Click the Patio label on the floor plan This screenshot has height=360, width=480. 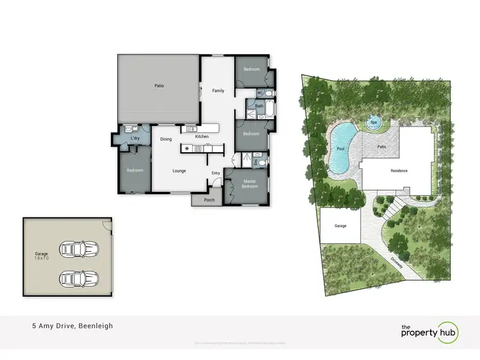pyautogui.click(x=159, y=85)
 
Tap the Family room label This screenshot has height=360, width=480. pyautogui.click(x=218, y=91)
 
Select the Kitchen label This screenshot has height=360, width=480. pyautogui.click(x=202, y=137)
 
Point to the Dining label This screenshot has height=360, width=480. pyautogui.click(x=166, y=139)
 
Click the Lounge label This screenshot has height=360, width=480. pyautogui.click(x=179, y=171)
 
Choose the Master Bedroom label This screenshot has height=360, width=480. pyautogui.click(x=250, y=184)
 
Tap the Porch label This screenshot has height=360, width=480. pyautogui.click(x=209, y=199)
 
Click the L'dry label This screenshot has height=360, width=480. pyautogui.click(x=135, y=139)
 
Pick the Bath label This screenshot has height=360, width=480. pyautogui.click(x=259, y=106)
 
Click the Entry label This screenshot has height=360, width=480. pyautogui.click(x=216, y=173)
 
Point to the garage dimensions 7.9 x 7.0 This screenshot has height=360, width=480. pyautogui.click(x=42, y=258)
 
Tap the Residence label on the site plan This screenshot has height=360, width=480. pyautogui.click(x=399, y=171)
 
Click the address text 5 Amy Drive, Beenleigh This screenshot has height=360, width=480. pyautogui.click(x=72, y=326)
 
